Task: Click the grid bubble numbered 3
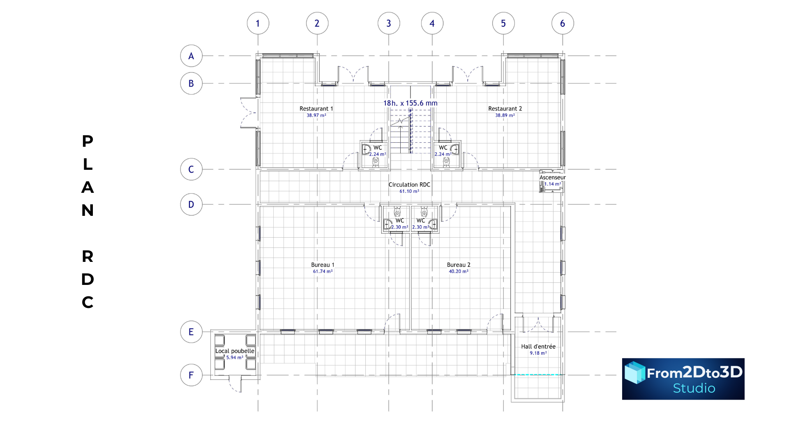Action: point(389,23)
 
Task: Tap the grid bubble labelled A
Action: point(191,56)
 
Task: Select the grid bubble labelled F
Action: point(191,375)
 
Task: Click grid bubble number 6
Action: point(563,23)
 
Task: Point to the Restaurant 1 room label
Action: point(316,109)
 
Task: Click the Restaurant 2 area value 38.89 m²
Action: point(505,116)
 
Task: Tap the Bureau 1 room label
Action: point(323,265)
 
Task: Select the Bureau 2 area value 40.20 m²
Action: point(459,271)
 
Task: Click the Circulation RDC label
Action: point(409,185)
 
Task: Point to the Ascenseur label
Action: point(553,177)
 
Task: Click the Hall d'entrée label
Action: point(538,347)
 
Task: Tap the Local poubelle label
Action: point(235,351)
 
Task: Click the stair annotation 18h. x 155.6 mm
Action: point(410,103)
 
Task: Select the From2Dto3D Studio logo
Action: point(683,379)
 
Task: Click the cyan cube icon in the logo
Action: point(635,372)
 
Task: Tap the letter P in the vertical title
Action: point(88,141)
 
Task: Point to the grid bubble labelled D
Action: point(191,204)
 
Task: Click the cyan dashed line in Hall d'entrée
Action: point(537,375)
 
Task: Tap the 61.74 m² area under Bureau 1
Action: point(323,271)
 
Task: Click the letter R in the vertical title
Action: point(88,257)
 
